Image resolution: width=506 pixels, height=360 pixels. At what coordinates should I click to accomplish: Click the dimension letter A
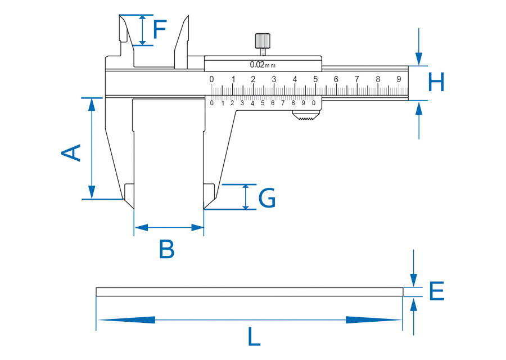click(71, 152)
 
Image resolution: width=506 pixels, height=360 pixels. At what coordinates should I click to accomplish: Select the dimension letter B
click(166, 249)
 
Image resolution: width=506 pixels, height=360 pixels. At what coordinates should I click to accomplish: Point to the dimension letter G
click(267, 199)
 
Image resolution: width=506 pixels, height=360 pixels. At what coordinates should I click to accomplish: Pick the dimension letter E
click(436, 291)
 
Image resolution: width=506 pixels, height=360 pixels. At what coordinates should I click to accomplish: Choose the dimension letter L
click(254, 337)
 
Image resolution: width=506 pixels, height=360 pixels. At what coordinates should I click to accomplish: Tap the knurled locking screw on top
click(262, 41)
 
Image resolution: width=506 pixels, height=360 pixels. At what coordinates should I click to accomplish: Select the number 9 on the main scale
click(399, 79)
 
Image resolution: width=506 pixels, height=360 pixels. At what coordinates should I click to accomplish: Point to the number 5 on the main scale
click(315, 79)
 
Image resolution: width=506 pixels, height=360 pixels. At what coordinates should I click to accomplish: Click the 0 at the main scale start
click(211, 79)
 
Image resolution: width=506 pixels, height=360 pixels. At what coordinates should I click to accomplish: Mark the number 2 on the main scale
click(253, 79)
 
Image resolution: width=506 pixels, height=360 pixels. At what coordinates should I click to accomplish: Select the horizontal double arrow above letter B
click(169, 228)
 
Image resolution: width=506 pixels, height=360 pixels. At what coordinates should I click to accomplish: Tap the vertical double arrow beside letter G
click(245, 197)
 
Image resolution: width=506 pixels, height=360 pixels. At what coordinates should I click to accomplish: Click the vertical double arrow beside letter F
click(143, 30)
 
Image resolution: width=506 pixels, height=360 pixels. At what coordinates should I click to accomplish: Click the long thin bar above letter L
click(250, 291)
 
